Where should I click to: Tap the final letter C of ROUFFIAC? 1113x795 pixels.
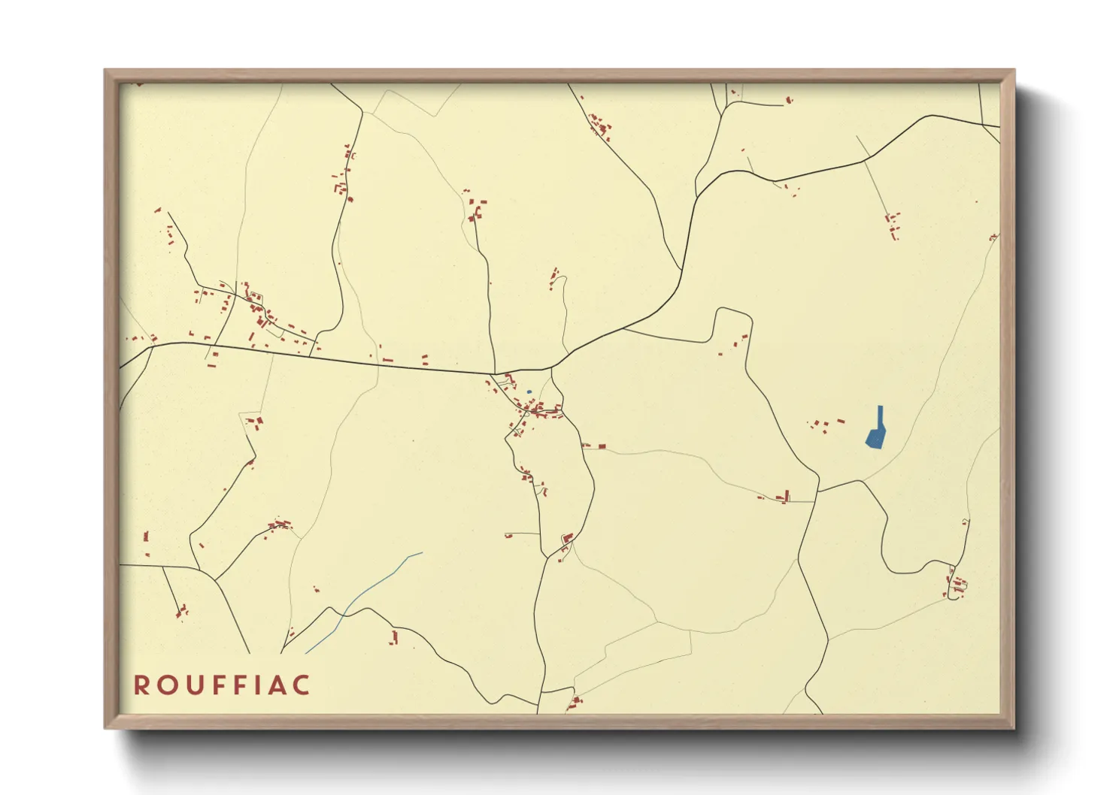coord(301,685)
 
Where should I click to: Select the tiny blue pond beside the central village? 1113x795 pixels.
coord(529,391)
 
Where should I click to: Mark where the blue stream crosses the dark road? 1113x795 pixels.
coord(344,612)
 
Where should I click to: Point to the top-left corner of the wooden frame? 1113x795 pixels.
coord(105,71)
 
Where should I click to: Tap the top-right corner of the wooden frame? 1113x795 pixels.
coord(1014,71)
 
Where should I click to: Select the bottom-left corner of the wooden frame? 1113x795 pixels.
coord(105,727)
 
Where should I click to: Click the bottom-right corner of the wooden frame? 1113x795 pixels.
coord(1014,727)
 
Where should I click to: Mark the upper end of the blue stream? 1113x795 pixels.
coord(422,553)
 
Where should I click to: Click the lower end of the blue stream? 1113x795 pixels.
coord(305,653)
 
